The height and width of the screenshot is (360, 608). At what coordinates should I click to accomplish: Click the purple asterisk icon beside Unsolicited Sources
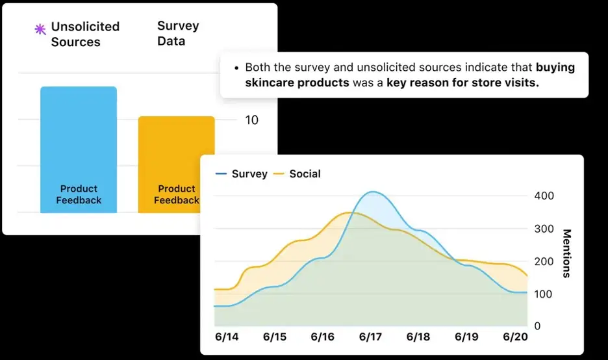click(x=40, y=29)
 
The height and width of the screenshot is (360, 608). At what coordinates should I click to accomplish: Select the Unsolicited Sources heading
click(x=85, y=34)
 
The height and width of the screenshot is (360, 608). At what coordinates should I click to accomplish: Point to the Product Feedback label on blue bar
click(x=79, y=194)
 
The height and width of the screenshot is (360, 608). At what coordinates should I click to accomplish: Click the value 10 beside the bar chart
click(x=251, y=120)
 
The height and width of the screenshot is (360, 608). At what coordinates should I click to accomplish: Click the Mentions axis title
click(x=566, y=253)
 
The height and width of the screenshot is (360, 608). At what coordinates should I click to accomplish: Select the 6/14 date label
click(x=227, y=337)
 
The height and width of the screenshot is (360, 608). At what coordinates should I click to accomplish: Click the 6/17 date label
click(x=370, y=337)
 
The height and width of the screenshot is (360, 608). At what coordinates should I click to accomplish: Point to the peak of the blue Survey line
click(x=372, y=192)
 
